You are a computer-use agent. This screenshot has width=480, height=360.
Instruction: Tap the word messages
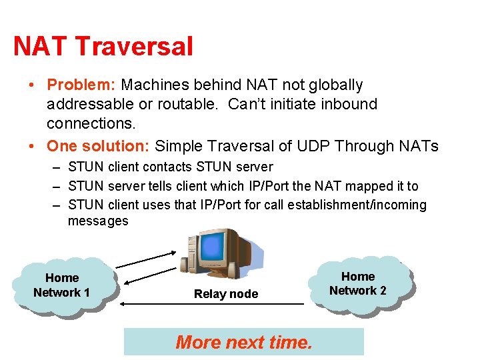coord(98,221)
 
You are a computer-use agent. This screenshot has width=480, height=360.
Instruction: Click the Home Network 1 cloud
coord(62,285)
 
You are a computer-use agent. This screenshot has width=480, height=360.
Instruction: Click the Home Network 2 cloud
coord(358,283)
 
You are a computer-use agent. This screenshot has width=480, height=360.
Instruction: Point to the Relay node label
coord(225,294)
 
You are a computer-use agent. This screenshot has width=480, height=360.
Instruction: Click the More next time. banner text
coord(243,342)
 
